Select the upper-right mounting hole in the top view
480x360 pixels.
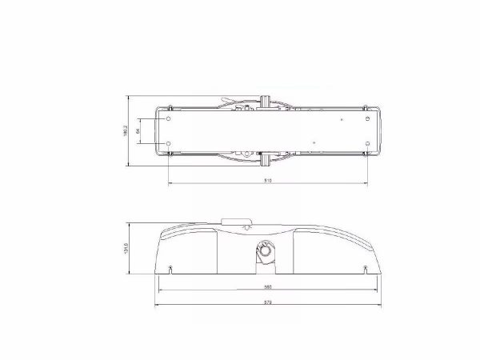pyautogui.click(x=367, y=118)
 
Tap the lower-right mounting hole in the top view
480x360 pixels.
pyautogui.click(x=367, y=144)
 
